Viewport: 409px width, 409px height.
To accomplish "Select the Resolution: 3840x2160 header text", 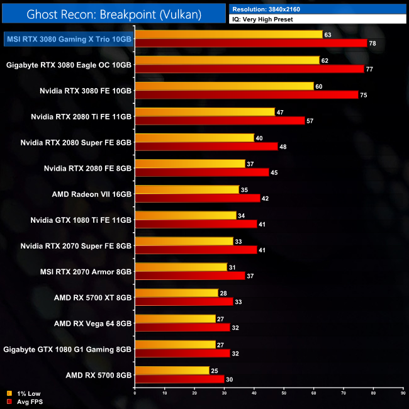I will (268, 9).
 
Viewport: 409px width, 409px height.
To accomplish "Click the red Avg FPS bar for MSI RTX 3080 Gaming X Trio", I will (250, 43).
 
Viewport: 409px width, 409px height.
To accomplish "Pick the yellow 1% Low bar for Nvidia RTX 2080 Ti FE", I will (204, 112).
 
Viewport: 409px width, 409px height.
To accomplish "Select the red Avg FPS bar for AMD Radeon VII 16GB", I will (197, 198).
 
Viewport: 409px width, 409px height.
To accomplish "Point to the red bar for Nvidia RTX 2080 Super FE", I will (206, 146).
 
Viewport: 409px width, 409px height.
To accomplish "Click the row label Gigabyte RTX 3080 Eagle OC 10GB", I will (69, 65).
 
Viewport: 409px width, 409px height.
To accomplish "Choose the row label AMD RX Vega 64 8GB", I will (92, 323).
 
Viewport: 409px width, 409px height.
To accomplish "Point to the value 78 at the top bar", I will (372, 43).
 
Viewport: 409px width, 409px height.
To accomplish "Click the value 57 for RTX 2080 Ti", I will (310, 120).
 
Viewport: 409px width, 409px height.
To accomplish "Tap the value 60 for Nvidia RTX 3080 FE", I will (318, 86).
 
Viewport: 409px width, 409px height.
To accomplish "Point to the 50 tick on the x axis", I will (284, 394).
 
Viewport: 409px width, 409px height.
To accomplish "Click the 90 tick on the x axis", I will (403, 394).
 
